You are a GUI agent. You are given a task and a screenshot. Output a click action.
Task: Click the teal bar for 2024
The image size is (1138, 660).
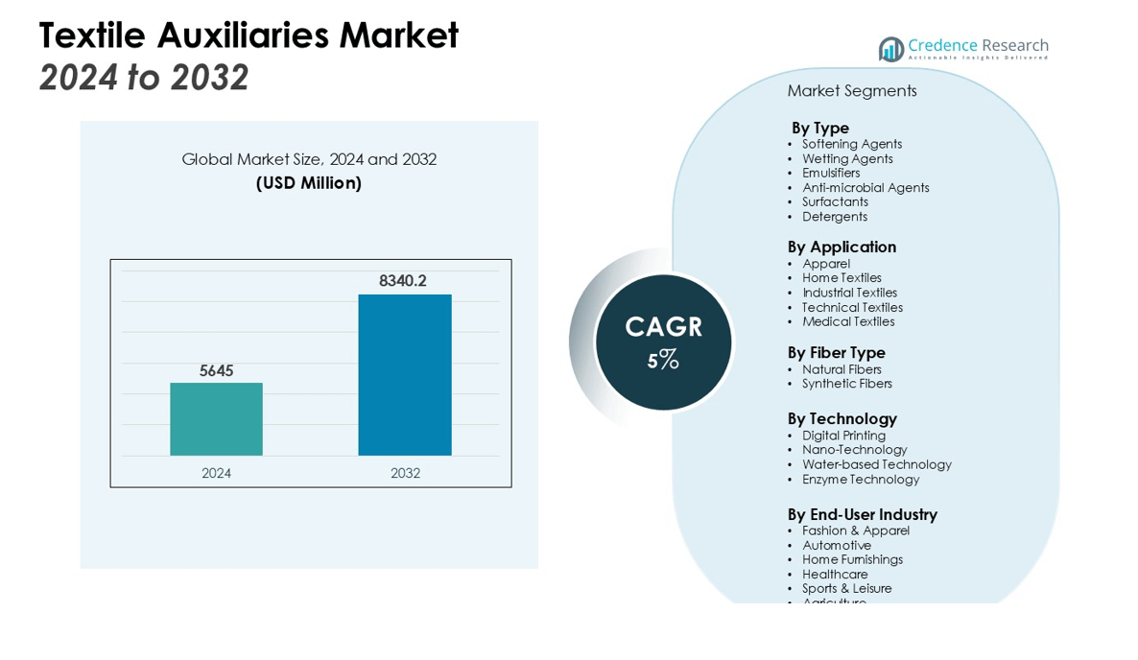coord(216,419)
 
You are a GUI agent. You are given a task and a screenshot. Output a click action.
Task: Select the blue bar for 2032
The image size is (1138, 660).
coord(405,375)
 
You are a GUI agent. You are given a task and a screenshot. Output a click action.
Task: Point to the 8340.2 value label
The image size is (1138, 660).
coord(403,281)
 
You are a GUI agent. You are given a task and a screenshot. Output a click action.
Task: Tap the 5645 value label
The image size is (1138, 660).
coord(217,371)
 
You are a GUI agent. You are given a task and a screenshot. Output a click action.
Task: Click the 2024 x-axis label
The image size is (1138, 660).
coord(216,473)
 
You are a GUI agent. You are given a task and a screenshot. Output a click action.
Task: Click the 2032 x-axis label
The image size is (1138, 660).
coord(405,473)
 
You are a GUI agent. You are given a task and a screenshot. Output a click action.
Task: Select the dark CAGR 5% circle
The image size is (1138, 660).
coord(663,342)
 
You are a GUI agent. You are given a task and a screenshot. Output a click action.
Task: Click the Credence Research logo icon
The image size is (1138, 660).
coord(891,49)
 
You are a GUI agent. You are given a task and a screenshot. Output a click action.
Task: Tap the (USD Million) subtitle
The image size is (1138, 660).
coord(309,183)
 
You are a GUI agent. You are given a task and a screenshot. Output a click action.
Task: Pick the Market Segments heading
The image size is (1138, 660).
coord(852,91)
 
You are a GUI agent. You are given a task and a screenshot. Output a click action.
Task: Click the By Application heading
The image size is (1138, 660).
coord(842,247)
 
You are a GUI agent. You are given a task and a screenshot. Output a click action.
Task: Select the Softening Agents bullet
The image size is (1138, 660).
coord(852,144)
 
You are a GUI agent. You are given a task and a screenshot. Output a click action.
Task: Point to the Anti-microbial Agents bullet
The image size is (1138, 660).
coord(865,188)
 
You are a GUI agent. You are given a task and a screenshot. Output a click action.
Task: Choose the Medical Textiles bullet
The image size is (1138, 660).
coord(848,322)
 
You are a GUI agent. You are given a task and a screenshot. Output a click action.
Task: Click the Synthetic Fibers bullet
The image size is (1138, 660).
coord(847,384)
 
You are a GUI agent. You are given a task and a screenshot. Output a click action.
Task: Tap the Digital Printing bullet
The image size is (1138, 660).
coord(843,436)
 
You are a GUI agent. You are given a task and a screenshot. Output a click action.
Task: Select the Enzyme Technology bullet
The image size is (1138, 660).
coord(861,480)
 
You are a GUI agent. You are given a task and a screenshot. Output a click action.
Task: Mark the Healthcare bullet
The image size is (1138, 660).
coord(835,575)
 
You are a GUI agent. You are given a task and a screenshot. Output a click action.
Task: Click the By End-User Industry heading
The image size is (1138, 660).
coord(862,514)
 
